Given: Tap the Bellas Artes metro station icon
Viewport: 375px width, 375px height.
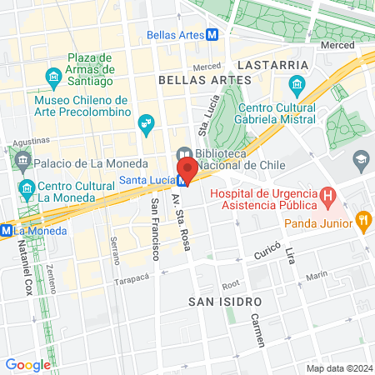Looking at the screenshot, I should coord(213,35).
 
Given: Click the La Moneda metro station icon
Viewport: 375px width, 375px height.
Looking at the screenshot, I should coord(6,229).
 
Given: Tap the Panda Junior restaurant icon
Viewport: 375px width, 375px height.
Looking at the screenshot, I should coord(362,222).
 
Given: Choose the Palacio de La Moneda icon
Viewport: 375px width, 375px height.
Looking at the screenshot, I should coord(21,160).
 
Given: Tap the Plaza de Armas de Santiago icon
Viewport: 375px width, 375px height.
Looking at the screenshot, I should coord(54,80).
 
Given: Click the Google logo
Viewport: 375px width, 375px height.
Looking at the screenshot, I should coord(28,364).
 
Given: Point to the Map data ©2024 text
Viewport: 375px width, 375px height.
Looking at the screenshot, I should coord(338,368).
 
